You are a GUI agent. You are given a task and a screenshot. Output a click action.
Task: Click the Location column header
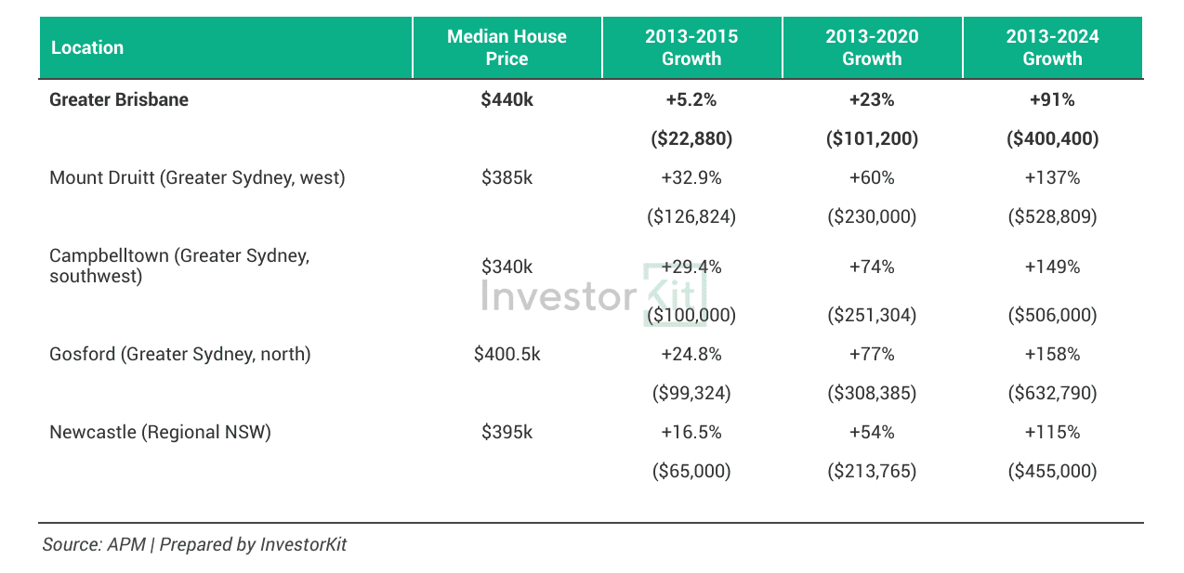[87, 47]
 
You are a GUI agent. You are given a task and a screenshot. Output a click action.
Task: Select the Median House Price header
[506, 47]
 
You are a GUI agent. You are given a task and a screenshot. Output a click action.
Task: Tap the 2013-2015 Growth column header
[691, 47]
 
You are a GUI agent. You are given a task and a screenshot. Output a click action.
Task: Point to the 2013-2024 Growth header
[1052, 47]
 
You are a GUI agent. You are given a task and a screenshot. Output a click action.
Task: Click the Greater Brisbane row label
[119, 99]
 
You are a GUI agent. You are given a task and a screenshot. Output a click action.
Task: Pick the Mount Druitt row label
[197, 177]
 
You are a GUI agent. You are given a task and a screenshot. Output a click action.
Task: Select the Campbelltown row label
[179, 266]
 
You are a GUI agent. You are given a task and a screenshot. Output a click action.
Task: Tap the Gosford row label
[180, 354]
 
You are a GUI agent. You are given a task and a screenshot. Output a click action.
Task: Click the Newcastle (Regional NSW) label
[160, 432]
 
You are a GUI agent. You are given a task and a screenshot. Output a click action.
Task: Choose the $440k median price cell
[506, 99]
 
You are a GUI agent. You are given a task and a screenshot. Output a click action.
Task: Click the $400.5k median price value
[506, 354]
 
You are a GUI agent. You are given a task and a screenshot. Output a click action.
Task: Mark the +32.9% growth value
[691, 177]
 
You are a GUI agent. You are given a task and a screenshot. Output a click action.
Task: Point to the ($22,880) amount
[691, 139]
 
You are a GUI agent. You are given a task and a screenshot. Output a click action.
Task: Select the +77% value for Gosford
[872, 354]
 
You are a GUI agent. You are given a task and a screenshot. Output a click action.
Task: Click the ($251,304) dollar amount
[872, 315]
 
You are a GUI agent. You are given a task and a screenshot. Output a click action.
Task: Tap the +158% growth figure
[1052, 354]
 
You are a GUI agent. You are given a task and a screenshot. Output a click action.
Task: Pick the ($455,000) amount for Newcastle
[1052, 471]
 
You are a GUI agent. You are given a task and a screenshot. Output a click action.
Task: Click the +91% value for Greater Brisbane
[1052, 99]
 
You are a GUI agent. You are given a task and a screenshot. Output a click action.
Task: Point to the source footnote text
[194, 544]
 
